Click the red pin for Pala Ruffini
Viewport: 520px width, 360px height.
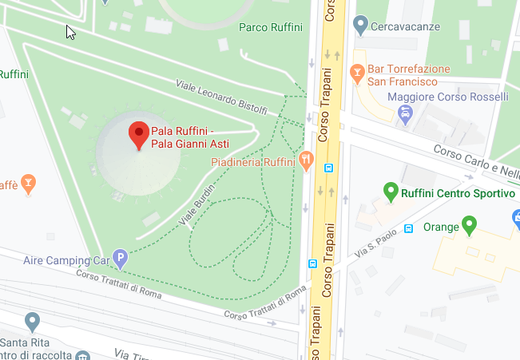(x=139, y=135)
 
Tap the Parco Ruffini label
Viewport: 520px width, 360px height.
(x=271, y=27)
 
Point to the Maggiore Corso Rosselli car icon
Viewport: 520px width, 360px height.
(x=405, y=114)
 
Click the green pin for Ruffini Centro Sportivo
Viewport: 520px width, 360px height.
(x=391, y=192)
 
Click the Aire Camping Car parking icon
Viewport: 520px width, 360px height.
(x=120, y=258)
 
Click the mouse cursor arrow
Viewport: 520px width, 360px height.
(x=70, y=32)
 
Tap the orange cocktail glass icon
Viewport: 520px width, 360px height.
(x=29, y=184)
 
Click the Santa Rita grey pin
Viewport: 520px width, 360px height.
(x=32, y=322)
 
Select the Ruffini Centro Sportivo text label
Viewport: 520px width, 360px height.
(x=458, y=193)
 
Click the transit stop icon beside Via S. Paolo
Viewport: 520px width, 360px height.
(x=409, y=228)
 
